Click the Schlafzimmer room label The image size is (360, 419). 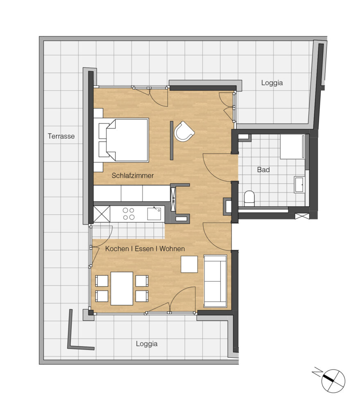click(132, 176)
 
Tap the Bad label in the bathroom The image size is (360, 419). click(263, 170)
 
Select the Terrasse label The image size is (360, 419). click(61, 136)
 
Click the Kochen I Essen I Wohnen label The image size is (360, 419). click(145, 249)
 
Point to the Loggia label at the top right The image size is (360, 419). click(272, 83)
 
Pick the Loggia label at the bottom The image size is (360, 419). click(147, 344)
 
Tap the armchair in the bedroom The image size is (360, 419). click(184, 131)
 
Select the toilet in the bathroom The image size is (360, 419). click(249, 198)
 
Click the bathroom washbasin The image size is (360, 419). click(299, 184)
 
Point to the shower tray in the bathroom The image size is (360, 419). click(292, 146)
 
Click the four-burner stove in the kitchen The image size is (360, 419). click(128, 214)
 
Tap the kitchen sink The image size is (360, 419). click(154, 214)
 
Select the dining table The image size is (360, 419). click(122, 288)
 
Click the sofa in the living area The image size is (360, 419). click(215, 281)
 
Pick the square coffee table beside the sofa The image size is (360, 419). click(189, 264)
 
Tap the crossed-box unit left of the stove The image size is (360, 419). click(102, 214)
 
